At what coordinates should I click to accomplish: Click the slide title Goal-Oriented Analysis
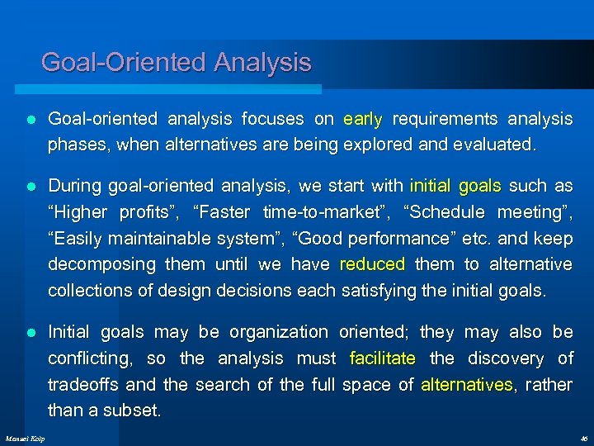[176, 63]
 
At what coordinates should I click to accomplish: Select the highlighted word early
[363, 119]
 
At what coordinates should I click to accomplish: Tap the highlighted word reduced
[372, 264]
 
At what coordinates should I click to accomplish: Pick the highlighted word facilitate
[383, 358]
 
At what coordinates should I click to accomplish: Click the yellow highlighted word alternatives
[467, 385]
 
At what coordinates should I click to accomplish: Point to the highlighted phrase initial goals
[455, 186]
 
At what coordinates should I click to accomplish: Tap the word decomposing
[101, 264]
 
